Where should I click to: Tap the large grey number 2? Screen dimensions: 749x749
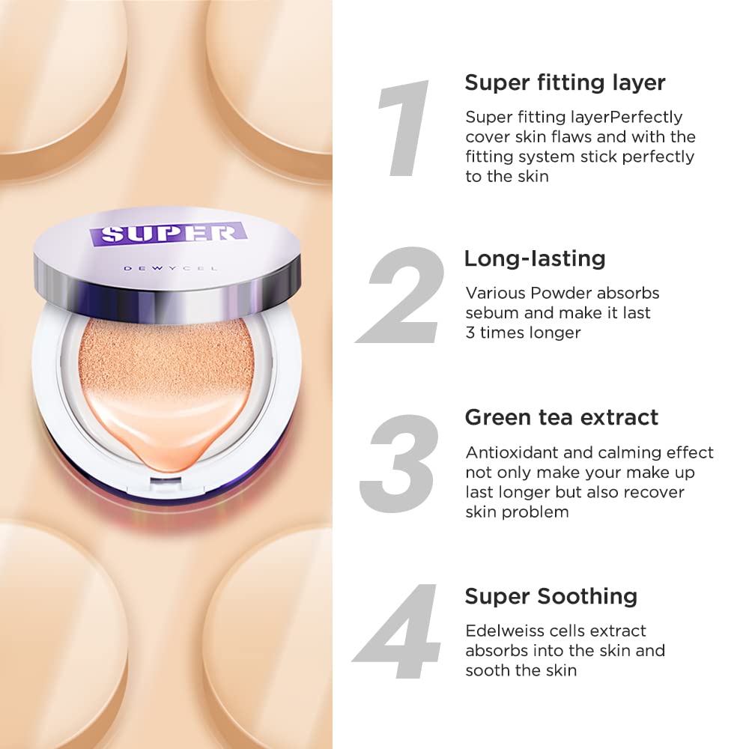coord(404,296)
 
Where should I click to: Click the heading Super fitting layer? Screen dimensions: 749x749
coord(565,82)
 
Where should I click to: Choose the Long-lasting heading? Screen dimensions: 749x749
coord(534,258)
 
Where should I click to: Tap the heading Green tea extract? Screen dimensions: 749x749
coord(562,417)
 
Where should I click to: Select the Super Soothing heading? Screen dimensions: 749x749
coord(551,596)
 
